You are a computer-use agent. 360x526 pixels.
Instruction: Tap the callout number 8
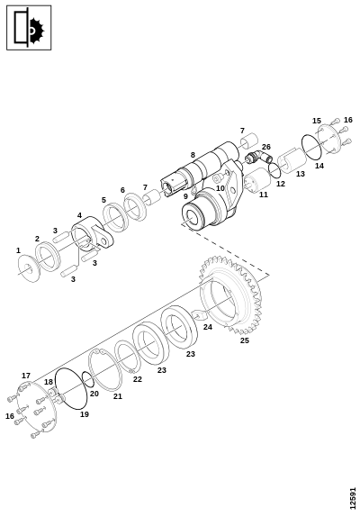(193, 155)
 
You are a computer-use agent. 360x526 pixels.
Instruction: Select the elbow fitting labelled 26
(259, 157)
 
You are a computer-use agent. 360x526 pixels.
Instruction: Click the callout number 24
(208, 327)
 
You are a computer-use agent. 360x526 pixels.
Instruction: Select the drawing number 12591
(352, 498)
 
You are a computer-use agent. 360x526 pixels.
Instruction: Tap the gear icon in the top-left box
(36, 31)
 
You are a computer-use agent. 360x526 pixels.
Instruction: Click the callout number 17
(26, 376)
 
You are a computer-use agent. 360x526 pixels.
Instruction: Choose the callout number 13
(301, 174)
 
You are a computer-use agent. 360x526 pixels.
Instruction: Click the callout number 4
(79, 215)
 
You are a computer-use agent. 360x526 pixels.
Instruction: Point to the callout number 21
(118, 396)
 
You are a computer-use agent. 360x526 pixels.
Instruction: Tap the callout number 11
(264, 195)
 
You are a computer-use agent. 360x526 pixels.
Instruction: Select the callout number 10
(220, 188)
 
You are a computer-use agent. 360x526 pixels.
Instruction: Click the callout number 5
(103, 200)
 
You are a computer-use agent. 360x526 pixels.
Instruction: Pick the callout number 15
(317, 121)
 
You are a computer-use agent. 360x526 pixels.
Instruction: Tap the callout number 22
(138, 379)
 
